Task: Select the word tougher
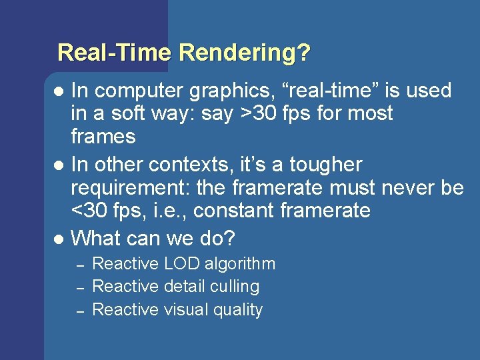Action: pos(325,164)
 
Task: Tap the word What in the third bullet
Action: pos(94,237)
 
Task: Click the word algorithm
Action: pos(240,264)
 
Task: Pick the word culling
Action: pos(233,287)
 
